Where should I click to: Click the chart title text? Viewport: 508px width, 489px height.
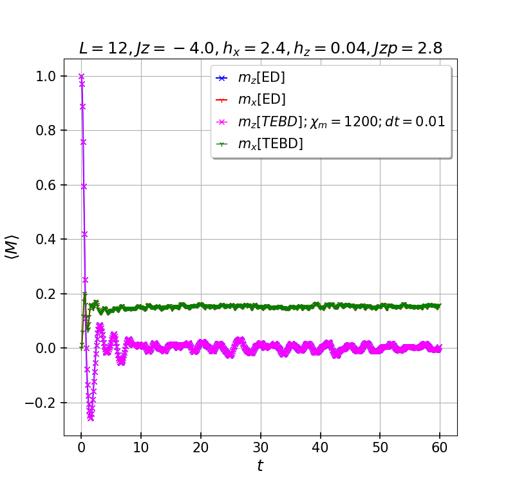tap(260, 48)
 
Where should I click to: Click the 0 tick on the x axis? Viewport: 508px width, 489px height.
tap(81, 448)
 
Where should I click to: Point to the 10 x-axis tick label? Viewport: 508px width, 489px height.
tap(141, 448)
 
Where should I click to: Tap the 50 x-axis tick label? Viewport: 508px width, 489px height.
tap(380, 448)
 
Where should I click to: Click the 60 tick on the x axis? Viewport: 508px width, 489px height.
tap(440, 448)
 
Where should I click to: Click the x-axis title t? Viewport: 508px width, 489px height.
tap(260, 466)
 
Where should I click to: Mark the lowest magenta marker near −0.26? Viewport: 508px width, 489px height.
tap(91, 418)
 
